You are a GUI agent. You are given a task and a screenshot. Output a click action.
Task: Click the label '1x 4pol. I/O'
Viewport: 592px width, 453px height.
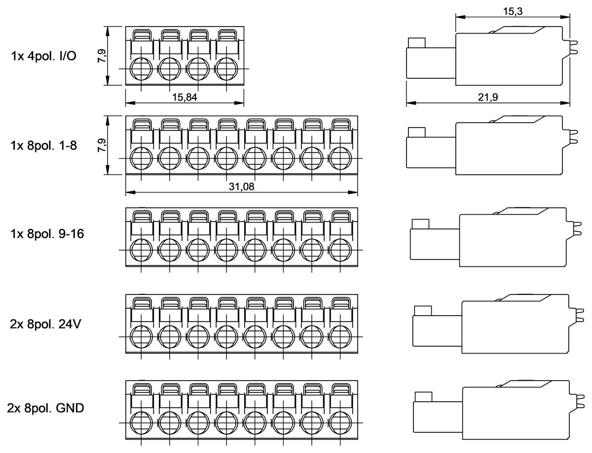tap(43, 56)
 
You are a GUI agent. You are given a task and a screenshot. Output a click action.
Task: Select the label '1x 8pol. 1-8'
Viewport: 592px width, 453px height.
tap(43, 146)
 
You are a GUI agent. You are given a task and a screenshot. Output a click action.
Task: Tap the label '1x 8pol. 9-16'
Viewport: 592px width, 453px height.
tap(47, 233)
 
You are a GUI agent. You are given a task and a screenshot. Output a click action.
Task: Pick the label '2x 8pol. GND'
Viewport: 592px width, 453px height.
tap(46, 408)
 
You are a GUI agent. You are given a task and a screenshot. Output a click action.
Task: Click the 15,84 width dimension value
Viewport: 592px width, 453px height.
tap(185, 97)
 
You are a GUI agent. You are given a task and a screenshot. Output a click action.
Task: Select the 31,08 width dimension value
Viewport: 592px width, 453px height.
tap(241, 187)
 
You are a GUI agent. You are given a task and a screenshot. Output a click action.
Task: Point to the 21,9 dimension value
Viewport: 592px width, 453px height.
tap(488, 97)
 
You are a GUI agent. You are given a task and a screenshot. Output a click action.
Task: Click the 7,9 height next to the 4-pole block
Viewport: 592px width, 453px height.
tap(102, 56)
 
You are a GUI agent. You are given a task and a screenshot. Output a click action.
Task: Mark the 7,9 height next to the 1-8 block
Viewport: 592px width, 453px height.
tap(102, 145)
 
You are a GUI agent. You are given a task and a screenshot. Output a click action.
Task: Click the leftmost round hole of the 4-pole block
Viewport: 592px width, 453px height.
tap(142, 68)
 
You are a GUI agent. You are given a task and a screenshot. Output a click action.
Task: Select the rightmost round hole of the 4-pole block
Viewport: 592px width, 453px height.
tap(227, 68)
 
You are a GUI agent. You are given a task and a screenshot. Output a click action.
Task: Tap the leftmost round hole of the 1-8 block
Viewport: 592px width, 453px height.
tap(142, 158)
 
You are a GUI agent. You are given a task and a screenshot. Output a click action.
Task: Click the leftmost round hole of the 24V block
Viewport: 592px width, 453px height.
tap(142, 337)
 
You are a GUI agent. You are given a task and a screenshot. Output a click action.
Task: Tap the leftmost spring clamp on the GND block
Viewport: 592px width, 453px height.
tap(142, 389)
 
